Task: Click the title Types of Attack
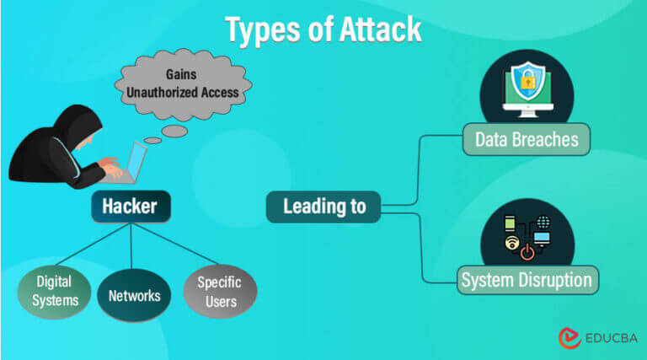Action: point(323,30)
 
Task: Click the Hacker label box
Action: point(131,207)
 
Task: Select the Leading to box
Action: point(324,207)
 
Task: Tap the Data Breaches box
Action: point(527,139)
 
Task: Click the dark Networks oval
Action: point(134,295)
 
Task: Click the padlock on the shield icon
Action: point(526,83)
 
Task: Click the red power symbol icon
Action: point(527,250)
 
